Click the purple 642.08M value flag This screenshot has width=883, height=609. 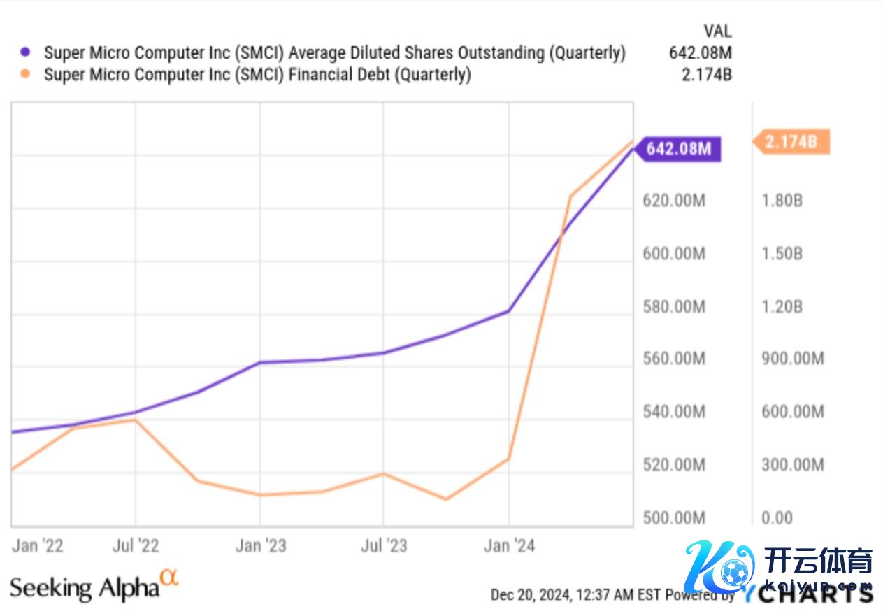(678, 149)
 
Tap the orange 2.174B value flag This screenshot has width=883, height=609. (791, 142)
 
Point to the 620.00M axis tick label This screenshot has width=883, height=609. (674, 201)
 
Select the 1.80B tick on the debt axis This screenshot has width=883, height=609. (782, 201)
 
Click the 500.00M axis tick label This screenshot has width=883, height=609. (674, 518)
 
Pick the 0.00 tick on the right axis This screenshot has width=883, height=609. (777, 518)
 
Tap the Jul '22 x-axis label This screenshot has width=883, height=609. (136, 545)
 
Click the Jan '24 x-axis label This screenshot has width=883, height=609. (509, 545)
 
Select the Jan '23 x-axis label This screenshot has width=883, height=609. (261, 545)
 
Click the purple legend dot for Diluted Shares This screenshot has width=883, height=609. (26, 52)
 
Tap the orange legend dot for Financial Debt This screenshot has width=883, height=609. (26, 75)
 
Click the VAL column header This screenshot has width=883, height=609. (717, 31)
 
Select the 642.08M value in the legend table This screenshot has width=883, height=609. (700, 52)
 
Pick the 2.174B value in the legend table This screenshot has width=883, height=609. (706, 75)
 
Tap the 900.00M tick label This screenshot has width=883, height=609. (793, 359)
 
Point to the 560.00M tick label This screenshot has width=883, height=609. (674, 359)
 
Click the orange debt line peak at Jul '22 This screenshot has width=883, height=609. (136, 420)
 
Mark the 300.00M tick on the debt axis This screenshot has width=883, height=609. (793, 465)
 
